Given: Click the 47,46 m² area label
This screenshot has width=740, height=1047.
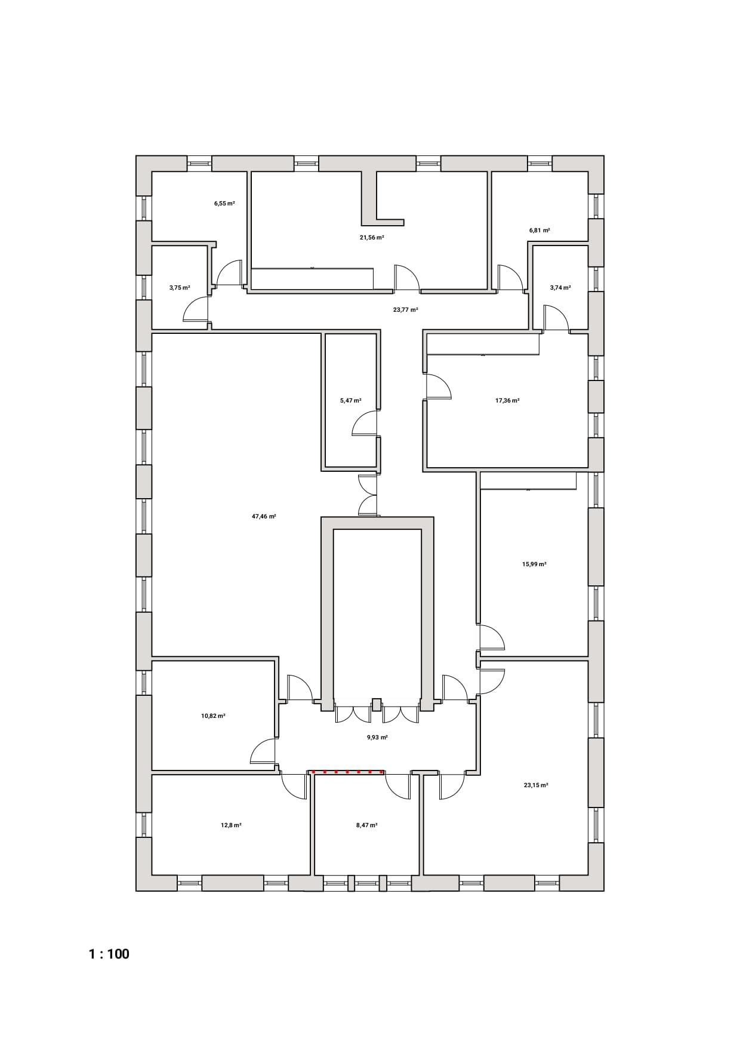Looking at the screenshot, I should [264, 517].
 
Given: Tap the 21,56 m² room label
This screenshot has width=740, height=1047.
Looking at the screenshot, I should [371, 237].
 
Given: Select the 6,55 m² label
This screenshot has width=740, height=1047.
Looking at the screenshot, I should [224, 204].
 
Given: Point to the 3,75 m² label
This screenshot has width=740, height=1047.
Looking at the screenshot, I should [180, 287].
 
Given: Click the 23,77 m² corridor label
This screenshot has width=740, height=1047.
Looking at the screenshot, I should [405, 310].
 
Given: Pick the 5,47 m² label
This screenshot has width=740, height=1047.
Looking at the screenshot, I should [351, 401].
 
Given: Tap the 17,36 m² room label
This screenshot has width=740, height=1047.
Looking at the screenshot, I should [507, 401].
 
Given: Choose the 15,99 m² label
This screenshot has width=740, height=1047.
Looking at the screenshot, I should [534, 564].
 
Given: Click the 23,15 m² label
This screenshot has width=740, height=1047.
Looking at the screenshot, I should [536, 785].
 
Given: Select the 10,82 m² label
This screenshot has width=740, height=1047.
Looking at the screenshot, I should [213, 716].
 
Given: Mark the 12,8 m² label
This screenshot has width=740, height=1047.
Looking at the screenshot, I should [231, 825].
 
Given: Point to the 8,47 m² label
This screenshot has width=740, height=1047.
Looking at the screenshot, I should [366, 825].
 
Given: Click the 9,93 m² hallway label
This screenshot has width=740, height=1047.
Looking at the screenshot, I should [377, 738].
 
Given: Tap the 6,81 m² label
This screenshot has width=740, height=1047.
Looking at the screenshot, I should [539, 230].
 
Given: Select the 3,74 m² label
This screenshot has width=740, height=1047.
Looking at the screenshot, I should [560, 287].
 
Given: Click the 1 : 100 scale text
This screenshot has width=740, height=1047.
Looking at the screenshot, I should [109, 954].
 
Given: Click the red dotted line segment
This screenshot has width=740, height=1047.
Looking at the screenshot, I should [347, 772].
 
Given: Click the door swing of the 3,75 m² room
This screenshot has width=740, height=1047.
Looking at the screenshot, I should [196, 310].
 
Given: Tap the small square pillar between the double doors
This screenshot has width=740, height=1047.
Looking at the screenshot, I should [377, 704].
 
